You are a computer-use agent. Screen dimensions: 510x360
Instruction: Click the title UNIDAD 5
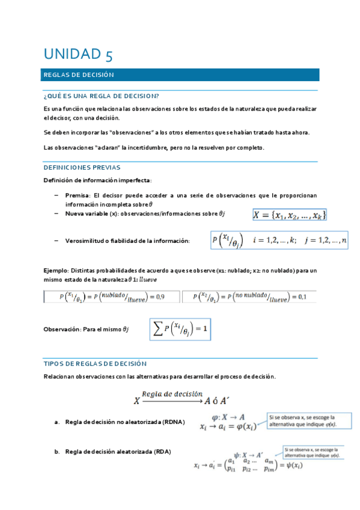78,55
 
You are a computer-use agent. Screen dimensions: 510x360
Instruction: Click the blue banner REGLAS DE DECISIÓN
180,75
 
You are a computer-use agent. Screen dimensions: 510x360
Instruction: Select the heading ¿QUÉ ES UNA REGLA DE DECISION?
102,96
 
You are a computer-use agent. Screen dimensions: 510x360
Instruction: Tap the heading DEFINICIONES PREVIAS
82,167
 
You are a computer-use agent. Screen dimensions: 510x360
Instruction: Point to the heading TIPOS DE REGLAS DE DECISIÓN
95,364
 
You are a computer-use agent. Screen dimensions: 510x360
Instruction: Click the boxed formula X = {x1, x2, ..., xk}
290,215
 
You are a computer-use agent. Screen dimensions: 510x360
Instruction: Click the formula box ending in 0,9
112,296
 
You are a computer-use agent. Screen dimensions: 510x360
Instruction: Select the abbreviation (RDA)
162,451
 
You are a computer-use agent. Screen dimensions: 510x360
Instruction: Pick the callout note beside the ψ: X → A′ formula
311,452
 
